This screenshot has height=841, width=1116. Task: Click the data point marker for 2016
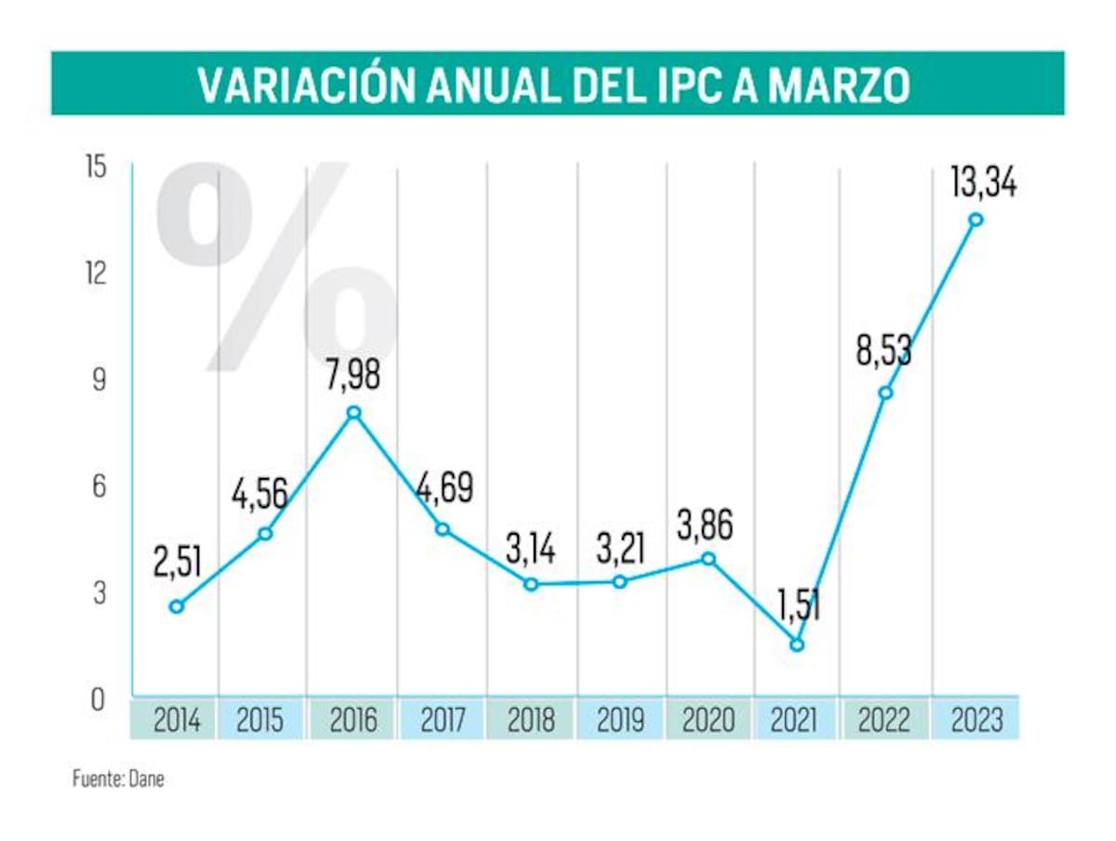(353, 412)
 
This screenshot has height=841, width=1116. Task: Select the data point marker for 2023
(976, 220)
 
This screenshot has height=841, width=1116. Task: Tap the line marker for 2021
(796, 645)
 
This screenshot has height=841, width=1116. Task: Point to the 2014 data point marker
(177, 607)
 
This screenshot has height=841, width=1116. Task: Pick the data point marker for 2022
(885, 393)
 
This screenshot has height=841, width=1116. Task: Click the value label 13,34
(983, 180)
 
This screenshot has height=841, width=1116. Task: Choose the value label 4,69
(445, 487)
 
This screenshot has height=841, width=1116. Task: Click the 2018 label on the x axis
(530, 720)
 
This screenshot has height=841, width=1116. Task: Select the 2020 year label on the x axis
(709, 720)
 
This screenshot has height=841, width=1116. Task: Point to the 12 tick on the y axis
(97, 274)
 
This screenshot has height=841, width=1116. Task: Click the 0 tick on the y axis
(98, 700)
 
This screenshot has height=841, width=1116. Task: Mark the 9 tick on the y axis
(98, 380)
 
